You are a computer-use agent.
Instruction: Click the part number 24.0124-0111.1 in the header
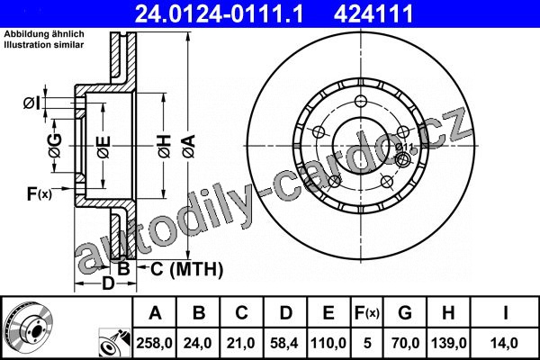(220, 13)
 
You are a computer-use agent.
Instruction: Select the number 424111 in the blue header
(373, 13)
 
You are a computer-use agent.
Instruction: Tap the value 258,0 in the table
(154, 343)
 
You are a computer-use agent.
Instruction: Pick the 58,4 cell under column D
(284, 343)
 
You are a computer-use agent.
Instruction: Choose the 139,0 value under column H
(449, 343)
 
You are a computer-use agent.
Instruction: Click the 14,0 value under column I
(505, 343)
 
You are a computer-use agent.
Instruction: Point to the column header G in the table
(405, 313)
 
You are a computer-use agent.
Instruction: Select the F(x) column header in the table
(367, 313)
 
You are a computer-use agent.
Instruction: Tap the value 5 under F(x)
(367, 343)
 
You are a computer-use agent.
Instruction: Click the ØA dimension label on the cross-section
(189, 147)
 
